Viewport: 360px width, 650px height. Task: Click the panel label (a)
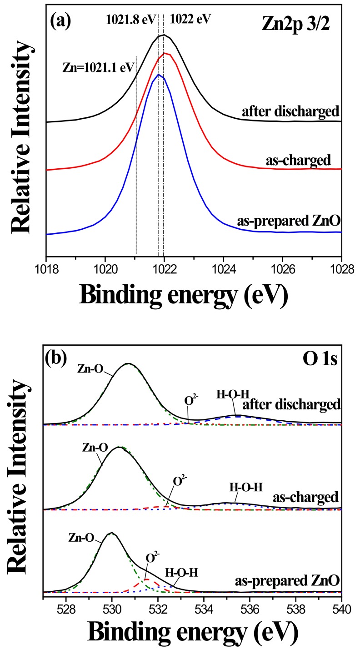click(x=60, y=20)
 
